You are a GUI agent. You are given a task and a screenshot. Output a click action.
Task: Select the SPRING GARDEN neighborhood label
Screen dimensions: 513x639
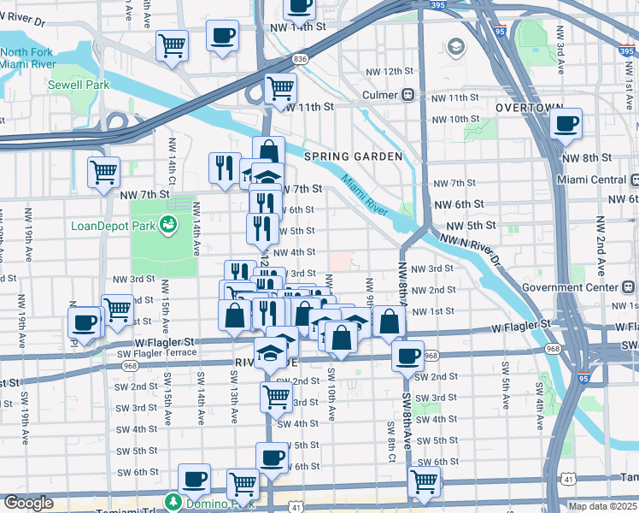pos(353,156)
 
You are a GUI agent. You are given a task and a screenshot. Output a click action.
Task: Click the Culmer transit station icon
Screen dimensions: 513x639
pos(408,95)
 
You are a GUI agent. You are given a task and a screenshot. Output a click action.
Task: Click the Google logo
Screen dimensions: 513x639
pos(28,503)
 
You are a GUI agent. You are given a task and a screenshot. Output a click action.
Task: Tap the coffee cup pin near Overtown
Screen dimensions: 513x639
pos(565,123)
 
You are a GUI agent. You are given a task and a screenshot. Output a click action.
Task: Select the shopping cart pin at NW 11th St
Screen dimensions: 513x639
pos(280,87)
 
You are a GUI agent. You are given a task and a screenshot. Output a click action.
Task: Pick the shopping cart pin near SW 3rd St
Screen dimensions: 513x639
pos(276,396)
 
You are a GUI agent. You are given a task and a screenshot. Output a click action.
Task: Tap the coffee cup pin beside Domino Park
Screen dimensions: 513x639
pos(194,478)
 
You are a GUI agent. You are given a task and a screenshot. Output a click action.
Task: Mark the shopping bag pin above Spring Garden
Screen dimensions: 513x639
pos(268,151)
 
